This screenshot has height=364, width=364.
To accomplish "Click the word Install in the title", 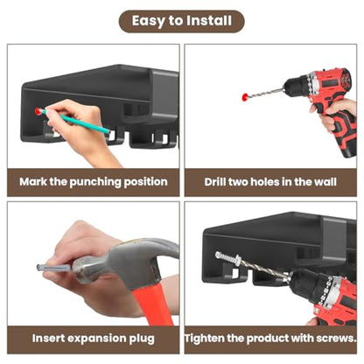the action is [x=209, y=21].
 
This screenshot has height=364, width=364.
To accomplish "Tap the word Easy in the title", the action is [x=148, y=21].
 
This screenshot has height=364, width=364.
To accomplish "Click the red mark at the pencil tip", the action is [x=38, y=111].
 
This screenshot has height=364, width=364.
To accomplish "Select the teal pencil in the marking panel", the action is [x=75, y=121].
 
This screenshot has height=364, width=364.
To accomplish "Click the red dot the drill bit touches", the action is [x=245, y=97].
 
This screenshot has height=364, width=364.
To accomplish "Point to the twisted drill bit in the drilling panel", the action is [x=265, y=93].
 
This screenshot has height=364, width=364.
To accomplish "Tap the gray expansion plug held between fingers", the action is [x=53, y=268].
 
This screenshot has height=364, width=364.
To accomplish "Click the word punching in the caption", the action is [x=95, y=183].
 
